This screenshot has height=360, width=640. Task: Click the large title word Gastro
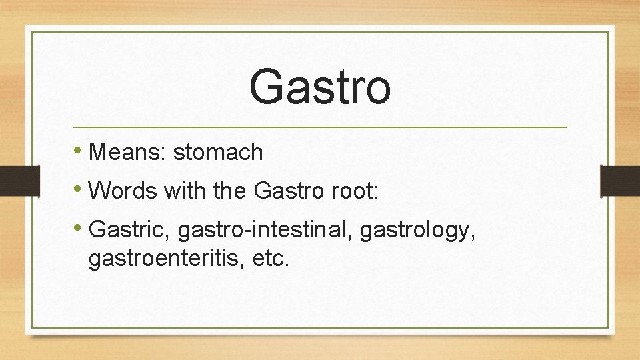pos(320,87)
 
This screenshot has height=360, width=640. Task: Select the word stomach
pos(218,153)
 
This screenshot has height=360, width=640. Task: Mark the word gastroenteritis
pos(167,258)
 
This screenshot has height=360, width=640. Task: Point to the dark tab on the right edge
pos(621,181)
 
